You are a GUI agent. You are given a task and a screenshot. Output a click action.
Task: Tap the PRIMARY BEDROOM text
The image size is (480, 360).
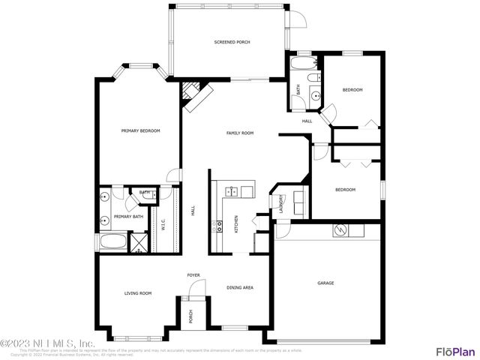point(141,130)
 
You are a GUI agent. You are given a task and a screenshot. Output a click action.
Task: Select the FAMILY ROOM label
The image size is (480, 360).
point(240,133)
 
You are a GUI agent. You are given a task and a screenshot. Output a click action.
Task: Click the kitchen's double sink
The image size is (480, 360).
point(232,192)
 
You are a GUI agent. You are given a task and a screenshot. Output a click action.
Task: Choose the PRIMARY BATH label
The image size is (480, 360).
point(128,217)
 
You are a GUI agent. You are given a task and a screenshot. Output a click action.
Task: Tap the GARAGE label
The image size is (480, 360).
point(325,283)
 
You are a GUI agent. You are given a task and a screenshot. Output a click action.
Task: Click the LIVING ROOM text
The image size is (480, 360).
point(138,293)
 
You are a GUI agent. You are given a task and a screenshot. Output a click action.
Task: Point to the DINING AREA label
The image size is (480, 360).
point(240,287)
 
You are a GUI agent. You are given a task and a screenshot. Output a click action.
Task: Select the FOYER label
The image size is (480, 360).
point(193,275)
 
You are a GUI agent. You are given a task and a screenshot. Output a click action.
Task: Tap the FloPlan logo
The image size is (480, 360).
point(455,351)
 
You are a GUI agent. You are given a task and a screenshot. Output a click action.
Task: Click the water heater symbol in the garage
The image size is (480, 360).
point(338,230)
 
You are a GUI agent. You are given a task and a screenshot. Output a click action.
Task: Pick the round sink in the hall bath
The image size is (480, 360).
point(316,94)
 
